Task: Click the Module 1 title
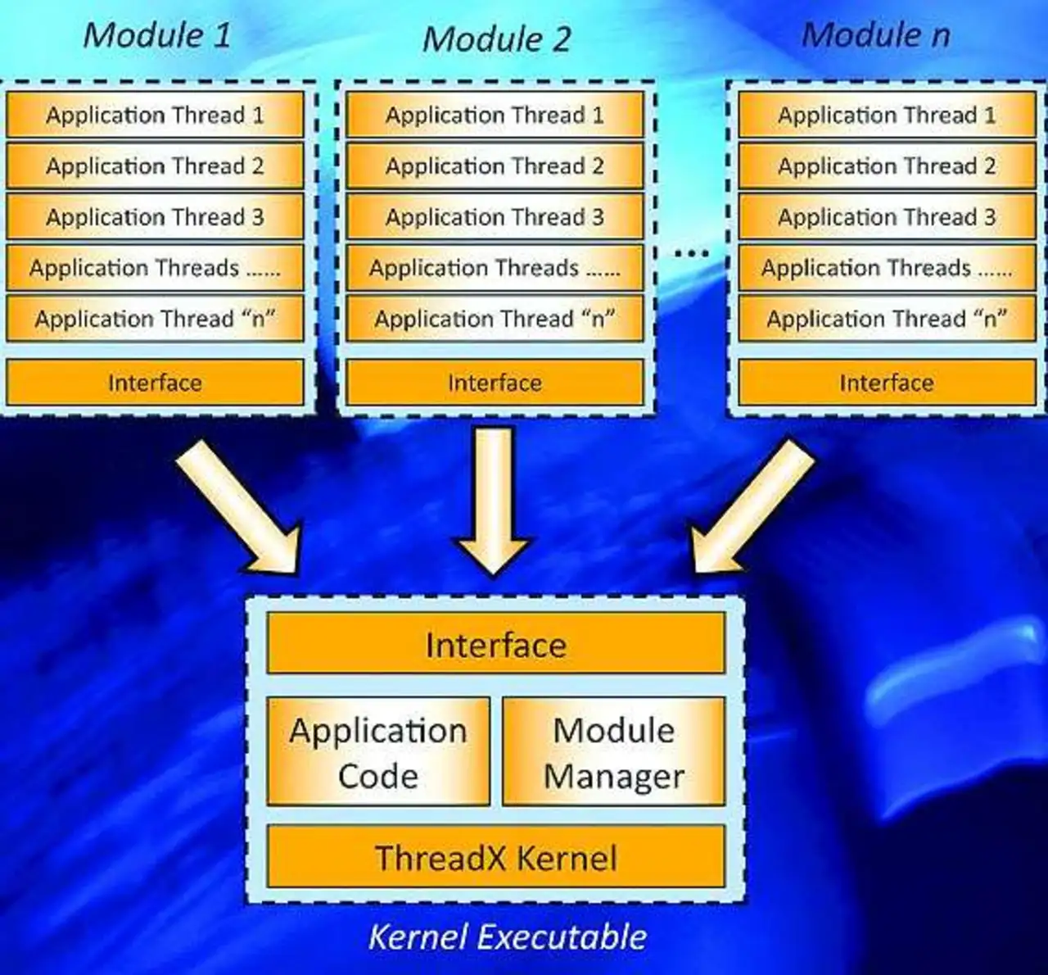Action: pos(157,35)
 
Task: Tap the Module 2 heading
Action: pos(496,39)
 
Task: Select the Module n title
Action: pos(876,35)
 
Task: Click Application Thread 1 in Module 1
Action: pos(155,115)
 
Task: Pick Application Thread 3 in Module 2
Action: pos(495,216)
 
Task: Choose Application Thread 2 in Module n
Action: pos(887,166)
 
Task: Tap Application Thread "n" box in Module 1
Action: pos(155,319)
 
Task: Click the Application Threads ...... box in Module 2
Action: pos(495,268)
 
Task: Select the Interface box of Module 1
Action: pos(155,383)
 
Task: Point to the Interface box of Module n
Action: pos(887,383)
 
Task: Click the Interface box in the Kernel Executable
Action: pos(496,643)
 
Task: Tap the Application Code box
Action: pos(378,751)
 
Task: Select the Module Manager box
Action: pos(614,751)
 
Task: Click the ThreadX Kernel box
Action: pos(496,856)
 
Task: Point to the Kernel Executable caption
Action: pos(508,937)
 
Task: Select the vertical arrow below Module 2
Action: pos(494,501)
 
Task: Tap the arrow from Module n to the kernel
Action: pos(752,508)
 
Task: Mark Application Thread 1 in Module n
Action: pos(887,115)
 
